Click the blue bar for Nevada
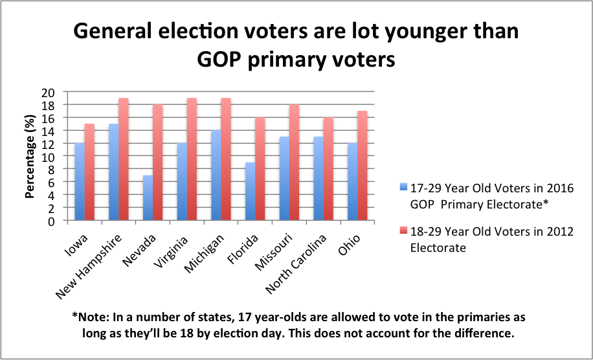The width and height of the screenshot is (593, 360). (148, 198)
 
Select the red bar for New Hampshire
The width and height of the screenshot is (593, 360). (123, 159)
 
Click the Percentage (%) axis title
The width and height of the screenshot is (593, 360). (29, 156)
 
